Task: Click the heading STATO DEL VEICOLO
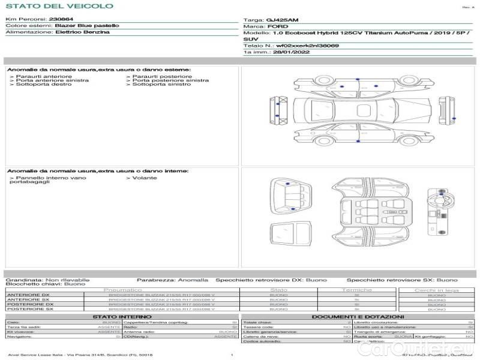tap(59, 6)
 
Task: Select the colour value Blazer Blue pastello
tap(86, 26)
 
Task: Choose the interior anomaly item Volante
tap(144, 178)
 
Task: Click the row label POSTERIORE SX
tap(29, 309)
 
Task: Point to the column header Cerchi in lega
tap(436, 290)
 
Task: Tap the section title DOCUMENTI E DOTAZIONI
tap(358, 316)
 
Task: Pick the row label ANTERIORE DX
tap(29, 295)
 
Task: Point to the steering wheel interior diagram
tap(436, 195)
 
